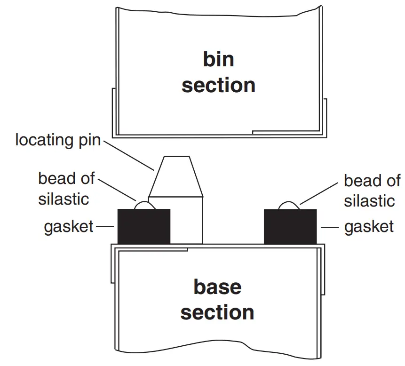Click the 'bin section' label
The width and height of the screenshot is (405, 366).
point(218,73)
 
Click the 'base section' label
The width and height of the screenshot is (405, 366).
point(217,300)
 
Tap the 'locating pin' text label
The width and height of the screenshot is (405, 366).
point(58,140)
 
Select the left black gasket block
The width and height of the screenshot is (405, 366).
point(143,226)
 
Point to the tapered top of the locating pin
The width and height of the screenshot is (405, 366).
point(176,176)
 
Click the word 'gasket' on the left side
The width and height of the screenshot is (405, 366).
point(69,227)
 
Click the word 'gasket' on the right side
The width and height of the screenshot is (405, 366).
point(369,227)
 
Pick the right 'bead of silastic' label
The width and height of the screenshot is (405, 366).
point(372,191)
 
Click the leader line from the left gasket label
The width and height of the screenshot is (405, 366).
point(106,227)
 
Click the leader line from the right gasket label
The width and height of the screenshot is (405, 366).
point(330,227)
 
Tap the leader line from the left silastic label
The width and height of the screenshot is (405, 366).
point(118,190)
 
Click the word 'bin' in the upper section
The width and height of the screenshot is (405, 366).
point(218,60)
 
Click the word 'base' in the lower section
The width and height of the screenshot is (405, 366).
point(217,286)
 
